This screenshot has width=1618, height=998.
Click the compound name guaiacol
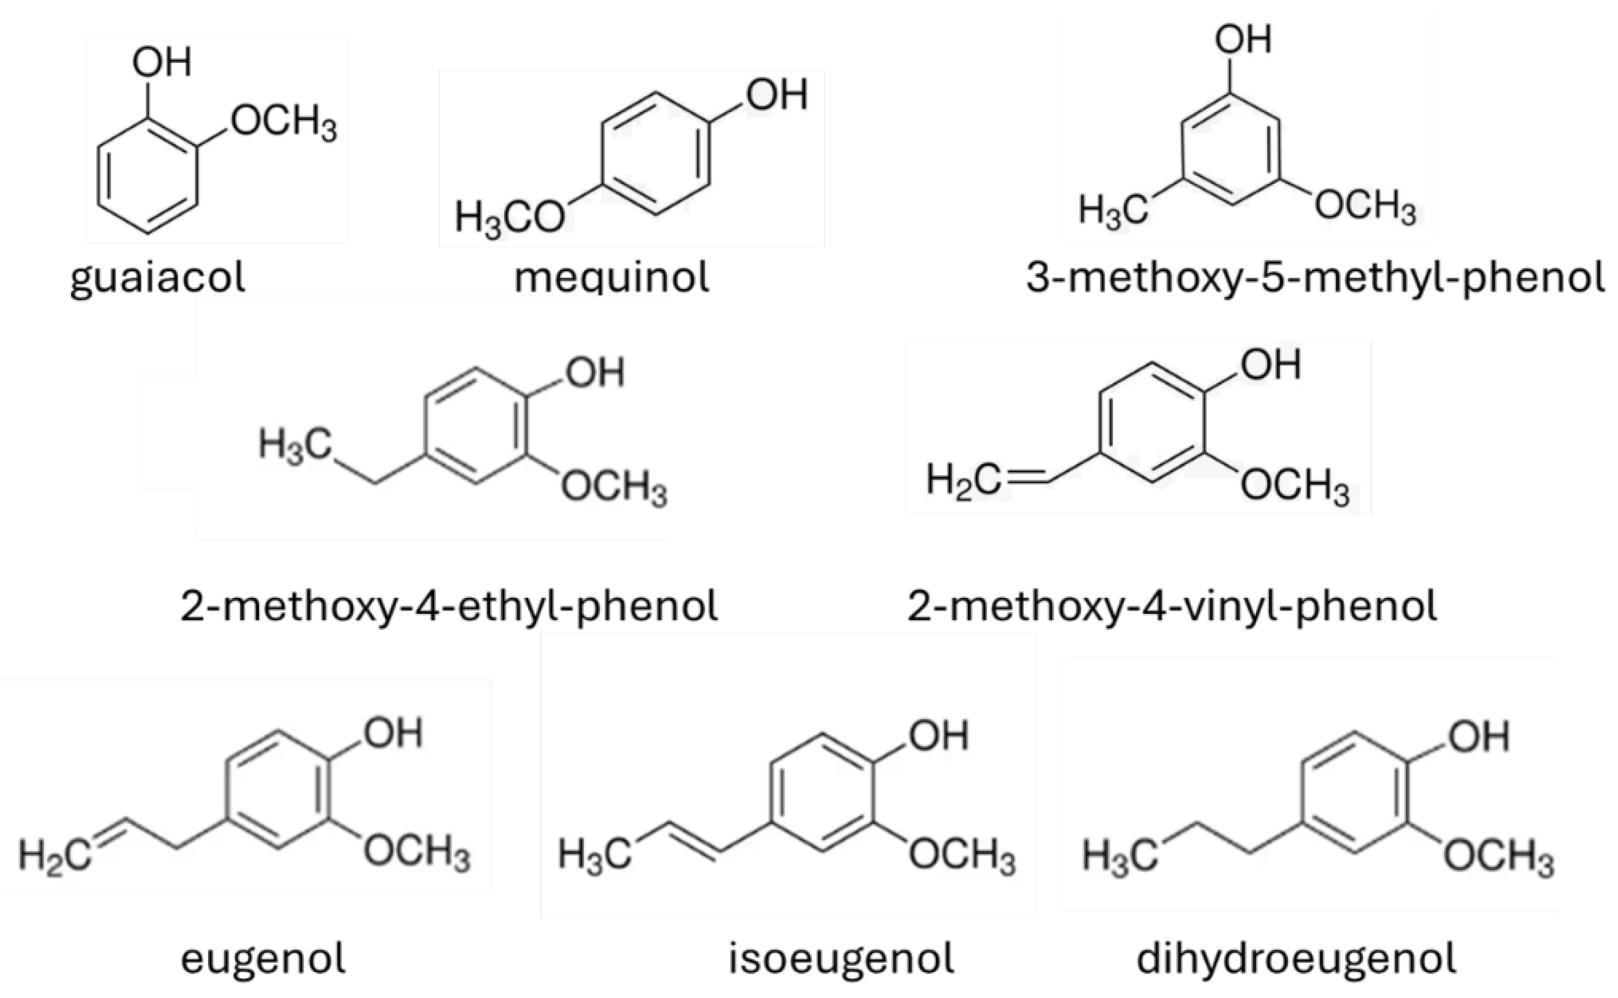(158, 278)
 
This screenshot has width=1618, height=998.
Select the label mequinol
(611, 278)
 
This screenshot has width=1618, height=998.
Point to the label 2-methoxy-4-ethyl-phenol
(449, 606)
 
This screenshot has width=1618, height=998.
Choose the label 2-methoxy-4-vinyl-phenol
(1171, 606)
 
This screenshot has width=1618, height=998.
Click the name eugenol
(263, 959)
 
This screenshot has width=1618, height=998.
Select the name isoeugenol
(841, 959)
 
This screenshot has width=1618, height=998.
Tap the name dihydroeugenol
(1296, 959)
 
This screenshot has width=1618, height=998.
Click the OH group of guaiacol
(162, 63)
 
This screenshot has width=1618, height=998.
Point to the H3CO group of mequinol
(509, 218)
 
